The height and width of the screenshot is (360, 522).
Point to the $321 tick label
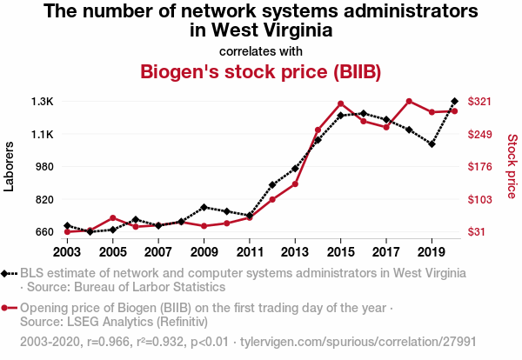coord(481,102)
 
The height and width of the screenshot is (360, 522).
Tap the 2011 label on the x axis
coord(250,252)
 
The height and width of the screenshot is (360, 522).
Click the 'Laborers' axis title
coord(10,166)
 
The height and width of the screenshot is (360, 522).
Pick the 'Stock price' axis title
coord(512,166)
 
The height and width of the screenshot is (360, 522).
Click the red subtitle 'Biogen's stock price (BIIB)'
coord(261,70)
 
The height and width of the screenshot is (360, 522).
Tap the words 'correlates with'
coord(261,50)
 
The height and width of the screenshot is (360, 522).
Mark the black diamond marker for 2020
coord(455,102)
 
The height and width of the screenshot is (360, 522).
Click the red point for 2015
coord(341,104)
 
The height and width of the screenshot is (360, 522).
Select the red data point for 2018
coord(409,102)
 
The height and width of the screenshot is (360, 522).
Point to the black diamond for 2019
coord(432,144)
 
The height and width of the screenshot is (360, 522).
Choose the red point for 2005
coord(113,217)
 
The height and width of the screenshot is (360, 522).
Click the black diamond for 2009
coord(204,207)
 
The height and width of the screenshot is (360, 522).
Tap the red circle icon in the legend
coord(7,308)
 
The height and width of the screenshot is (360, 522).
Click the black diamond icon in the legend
coord(7,273)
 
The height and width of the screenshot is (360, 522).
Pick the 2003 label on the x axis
coord(67,252)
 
